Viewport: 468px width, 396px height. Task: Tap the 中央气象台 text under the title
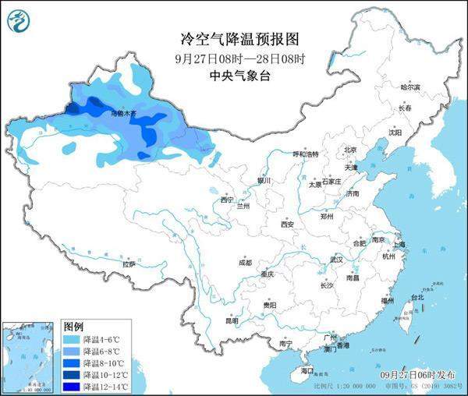[233, 76]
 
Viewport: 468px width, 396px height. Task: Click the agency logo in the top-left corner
[21, 20]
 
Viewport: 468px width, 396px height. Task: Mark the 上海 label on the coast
[399, 244]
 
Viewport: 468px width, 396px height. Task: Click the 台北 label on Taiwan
[416, 297]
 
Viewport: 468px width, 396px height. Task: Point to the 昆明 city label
[232, 320]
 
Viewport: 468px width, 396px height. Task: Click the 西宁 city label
[227, 200]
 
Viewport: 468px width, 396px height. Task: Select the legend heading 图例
[73, 326]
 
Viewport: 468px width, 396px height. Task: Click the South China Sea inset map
[30, 355]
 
